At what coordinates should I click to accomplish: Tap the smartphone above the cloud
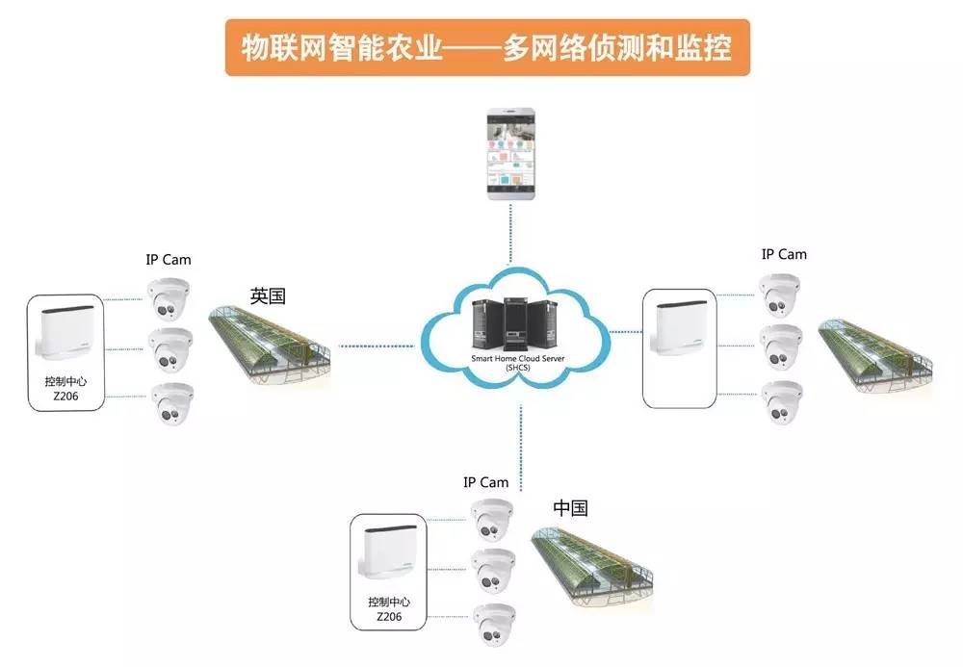511,155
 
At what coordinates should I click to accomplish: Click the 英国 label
268,295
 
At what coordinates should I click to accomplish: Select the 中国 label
570,508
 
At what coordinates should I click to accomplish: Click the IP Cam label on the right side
784,254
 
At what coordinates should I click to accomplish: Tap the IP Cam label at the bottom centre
485,482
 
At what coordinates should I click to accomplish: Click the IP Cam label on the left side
169,259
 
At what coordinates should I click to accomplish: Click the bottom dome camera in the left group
171,404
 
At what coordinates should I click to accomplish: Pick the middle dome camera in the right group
781,347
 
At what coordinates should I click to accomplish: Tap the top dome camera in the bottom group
491,520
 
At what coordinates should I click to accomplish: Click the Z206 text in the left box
65,397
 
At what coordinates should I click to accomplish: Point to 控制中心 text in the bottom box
388,603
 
